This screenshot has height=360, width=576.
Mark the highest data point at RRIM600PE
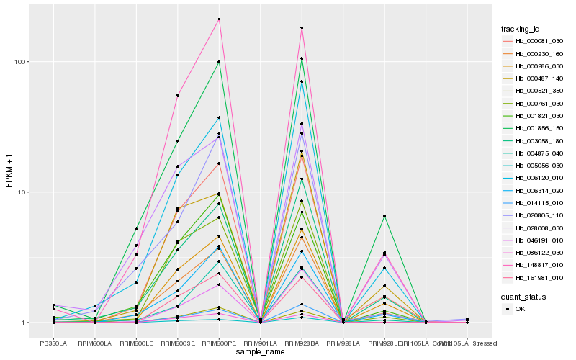219,19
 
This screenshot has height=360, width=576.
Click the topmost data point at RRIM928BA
302,28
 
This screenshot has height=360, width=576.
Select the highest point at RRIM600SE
178,96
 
